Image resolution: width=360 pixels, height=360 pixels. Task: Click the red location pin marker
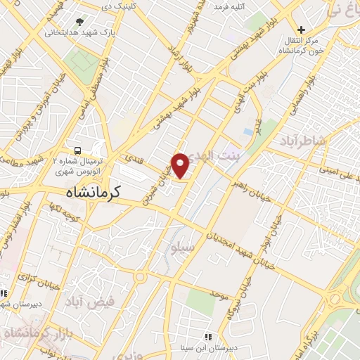(x=181, y=165)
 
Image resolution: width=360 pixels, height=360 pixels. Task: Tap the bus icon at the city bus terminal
(x=77, y=150)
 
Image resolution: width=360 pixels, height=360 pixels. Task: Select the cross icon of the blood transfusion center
(x=301, y=30)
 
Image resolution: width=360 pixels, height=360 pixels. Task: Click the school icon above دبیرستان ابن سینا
(x=207, y=336)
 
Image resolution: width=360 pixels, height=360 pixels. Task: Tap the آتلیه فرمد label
(x=230, y=8)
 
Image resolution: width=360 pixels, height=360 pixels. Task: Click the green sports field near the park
(x=84, y=64)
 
